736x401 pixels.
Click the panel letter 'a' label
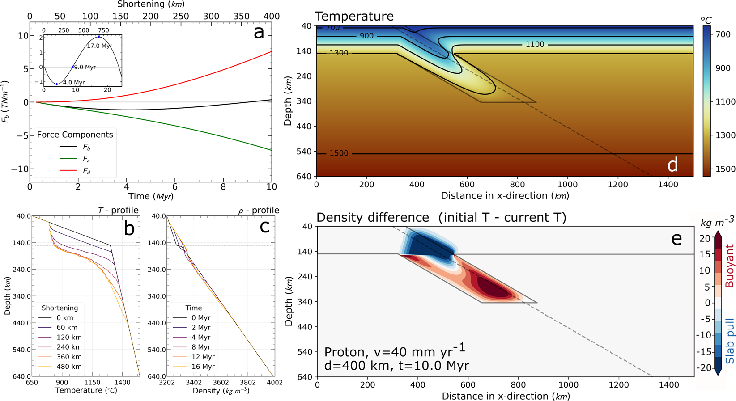259,32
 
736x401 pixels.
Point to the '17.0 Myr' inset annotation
99,46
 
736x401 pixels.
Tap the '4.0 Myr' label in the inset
73,83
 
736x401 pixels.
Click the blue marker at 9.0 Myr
72,67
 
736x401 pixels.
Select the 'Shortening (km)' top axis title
151,4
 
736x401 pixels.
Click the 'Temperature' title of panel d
354,17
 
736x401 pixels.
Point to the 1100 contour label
535,45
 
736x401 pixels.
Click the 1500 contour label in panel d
339,154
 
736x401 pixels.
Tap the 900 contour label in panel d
366,36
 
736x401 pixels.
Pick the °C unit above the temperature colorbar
706,21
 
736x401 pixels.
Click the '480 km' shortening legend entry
69,367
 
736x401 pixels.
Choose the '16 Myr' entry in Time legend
200,367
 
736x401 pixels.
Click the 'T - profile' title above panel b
118,210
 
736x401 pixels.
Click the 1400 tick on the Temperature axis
122,383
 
